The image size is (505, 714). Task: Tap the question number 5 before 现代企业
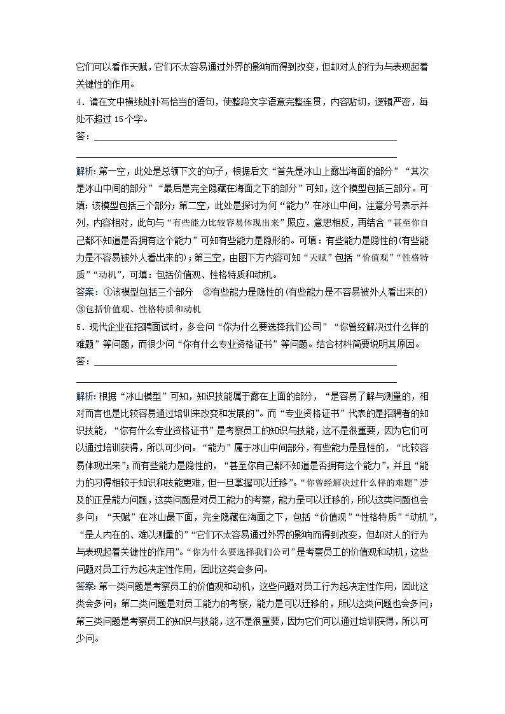click(79, 327)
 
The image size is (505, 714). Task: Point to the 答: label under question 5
click(83, 361)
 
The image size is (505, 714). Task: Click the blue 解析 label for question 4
click(86, 172)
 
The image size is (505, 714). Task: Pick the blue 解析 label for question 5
click(86, 397)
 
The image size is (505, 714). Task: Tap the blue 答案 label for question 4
click(86, 292)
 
